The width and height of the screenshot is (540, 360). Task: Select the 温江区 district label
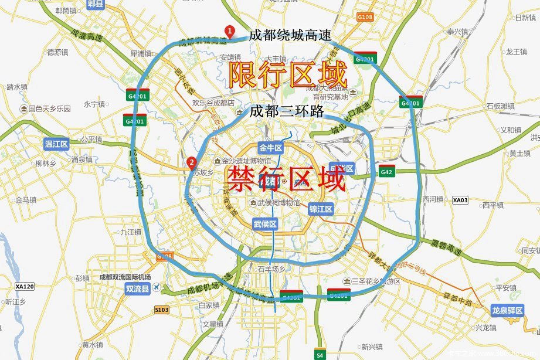click(x=57, y=144)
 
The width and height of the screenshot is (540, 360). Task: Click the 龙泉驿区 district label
click(x=507, y=311)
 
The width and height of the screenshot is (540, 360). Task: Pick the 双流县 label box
click(x=138, y=288)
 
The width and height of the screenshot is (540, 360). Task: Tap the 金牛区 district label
click(x=271, y=148)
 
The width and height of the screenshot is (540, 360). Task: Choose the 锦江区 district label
click(x=321, y=209)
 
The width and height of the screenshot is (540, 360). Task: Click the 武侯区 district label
click(x=264, y=223)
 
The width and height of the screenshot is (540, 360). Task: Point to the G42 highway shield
click(x=386, y=172)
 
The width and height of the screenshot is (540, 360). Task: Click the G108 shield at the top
click(x=365, y=17)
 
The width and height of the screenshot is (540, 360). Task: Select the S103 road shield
click(x=162, y=310)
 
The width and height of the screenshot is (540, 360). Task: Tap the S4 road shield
click(x=320, y=354)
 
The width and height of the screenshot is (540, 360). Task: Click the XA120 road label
click(x=25, y=287)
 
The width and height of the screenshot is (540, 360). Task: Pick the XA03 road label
click(x=460, y=200)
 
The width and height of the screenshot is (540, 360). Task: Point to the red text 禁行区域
click(x=286, y=179)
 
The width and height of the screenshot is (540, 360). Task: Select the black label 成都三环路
click(x=286, y=111)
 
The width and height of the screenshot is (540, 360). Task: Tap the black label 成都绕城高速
click(x=290, y=35)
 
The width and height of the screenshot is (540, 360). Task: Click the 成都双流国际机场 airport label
click(x=125, y=277)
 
